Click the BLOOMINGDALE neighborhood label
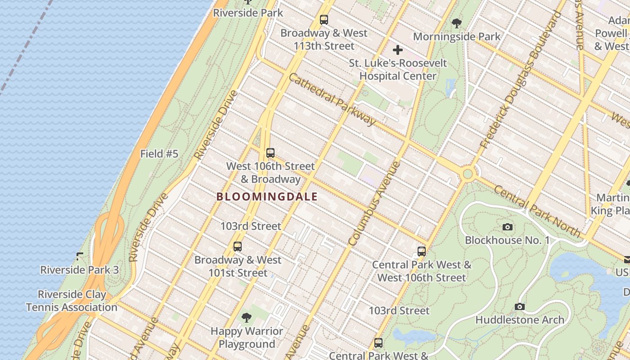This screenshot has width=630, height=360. (x=267, y=197)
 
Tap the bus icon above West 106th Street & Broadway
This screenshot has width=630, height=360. (x=270, y=153)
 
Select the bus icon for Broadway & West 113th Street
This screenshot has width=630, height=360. (x=324, y=20)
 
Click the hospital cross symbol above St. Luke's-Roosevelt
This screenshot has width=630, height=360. (x=398, y=50)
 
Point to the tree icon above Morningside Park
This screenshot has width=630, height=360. (x=456, y=23)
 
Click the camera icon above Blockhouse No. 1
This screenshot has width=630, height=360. (x=507, y=227)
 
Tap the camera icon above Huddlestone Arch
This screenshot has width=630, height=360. (x=519, y=307)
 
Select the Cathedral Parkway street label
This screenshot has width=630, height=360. (x=332, y=99)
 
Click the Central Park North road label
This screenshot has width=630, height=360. (x=536, y=211)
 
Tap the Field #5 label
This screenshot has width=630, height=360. (x=159, y=154)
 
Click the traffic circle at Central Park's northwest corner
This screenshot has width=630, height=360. (x=468, y=173)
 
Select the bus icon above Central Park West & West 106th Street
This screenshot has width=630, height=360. (x=421, y=252)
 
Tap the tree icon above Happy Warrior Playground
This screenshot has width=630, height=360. (x=246, y=318)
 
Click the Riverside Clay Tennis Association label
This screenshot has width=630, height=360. (x=72, y=301)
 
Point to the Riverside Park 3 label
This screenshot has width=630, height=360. (x=80, y=270)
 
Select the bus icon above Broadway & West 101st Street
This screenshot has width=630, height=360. (x=237, y=247)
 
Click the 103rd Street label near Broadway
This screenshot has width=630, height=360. (x=251, y=226)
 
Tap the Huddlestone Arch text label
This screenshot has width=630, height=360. (x=520, y=320)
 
